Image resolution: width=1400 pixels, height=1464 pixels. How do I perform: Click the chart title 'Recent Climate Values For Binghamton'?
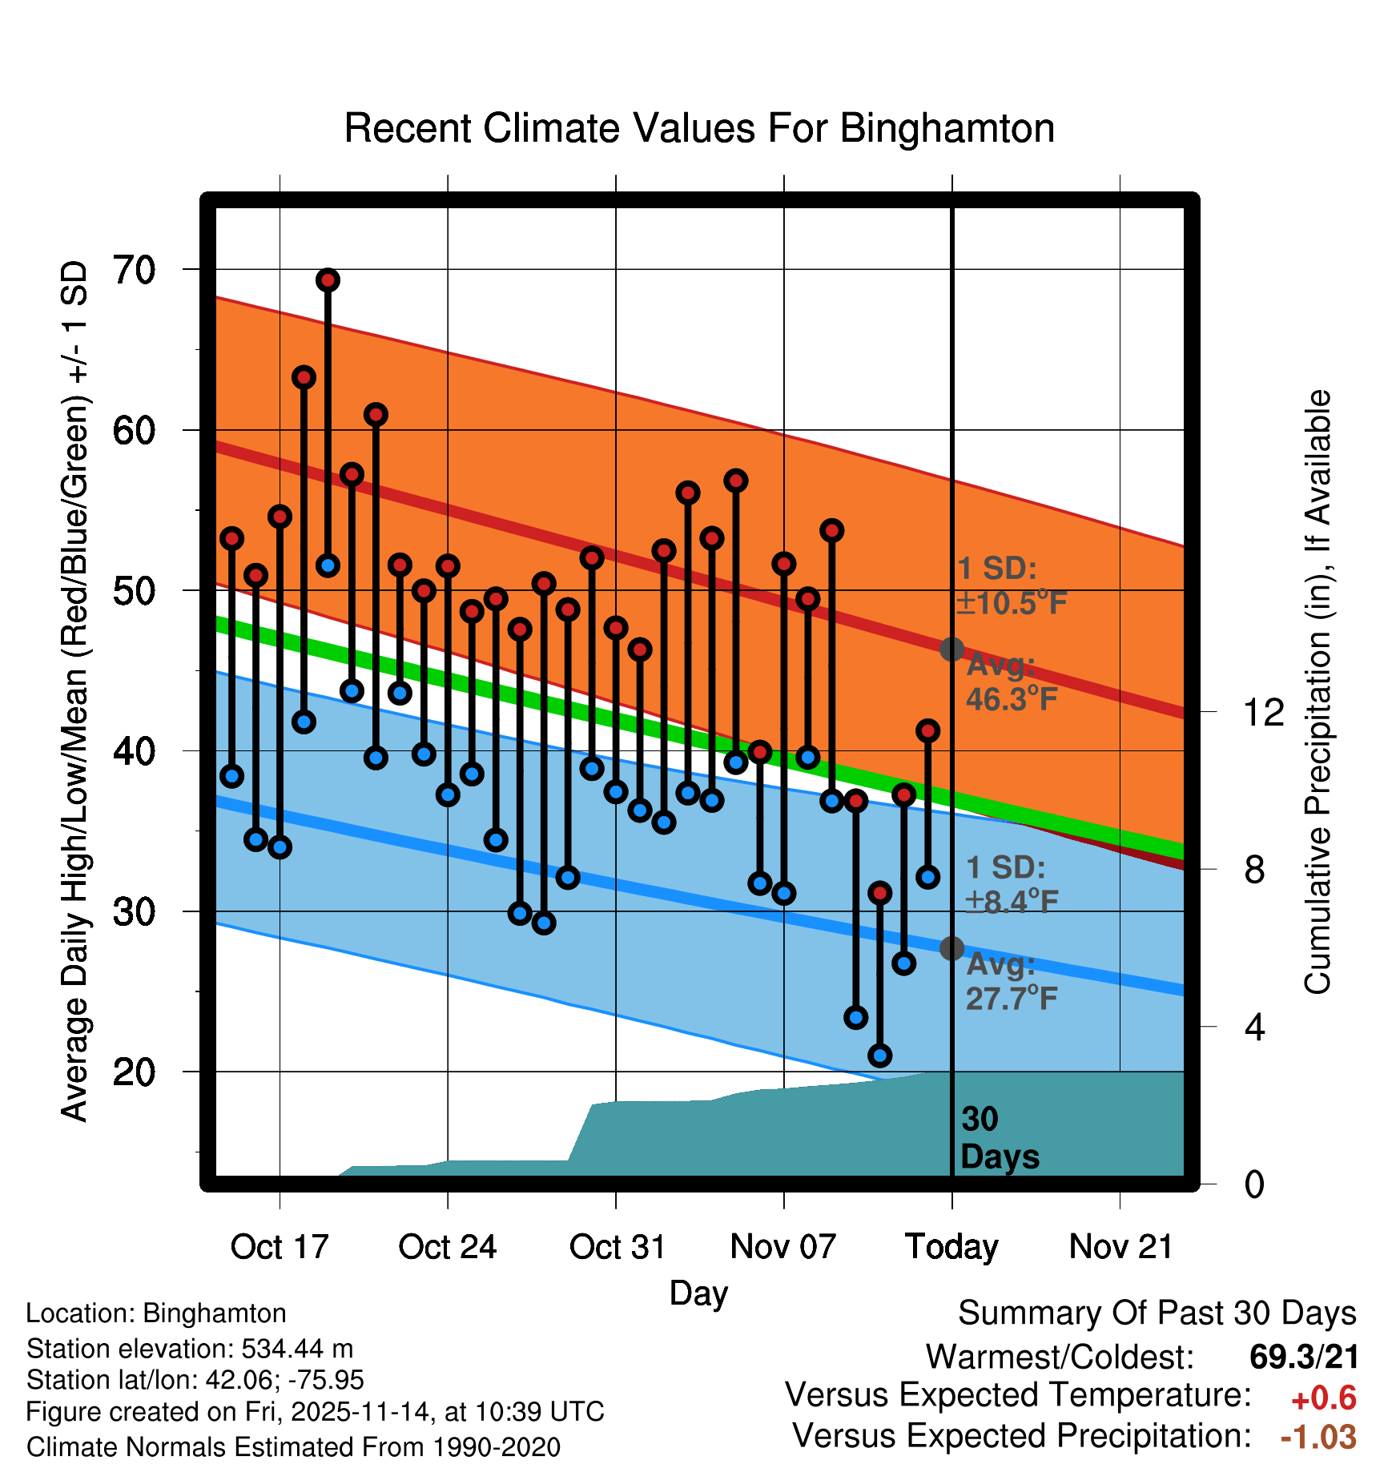(x=699, y=129)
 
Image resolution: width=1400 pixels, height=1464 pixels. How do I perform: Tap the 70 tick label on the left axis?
(x=134, y=271)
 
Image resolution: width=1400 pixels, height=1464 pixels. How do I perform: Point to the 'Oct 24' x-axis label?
(x=448, y=1247)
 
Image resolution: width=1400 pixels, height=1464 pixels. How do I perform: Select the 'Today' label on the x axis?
(x=951, y=1247)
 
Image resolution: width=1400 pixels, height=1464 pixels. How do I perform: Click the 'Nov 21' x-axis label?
(x=1120, y=1247)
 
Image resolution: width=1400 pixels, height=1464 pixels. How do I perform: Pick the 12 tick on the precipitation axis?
(x=1263, y=712)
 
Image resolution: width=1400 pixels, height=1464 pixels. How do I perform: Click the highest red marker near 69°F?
(x=328, y=280)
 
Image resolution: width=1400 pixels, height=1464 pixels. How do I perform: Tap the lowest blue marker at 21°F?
(x=880, y=1056)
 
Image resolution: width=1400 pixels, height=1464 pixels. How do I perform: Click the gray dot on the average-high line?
(x=951, y=649)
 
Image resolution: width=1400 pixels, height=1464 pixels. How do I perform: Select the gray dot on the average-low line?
(x=951, y=948)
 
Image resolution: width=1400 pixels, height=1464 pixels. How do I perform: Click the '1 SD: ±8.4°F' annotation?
(x=1011, y=885)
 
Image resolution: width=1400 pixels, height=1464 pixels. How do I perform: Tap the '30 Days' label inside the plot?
(x=998, y=1138)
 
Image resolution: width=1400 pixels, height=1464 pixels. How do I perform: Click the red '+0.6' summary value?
(x=1323, y=1398)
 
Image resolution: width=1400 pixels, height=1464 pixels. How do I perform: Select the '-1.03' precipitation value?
(x=1318, y=1437)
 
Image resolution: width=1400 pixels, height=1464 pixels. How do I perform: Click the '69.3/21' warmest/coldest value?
(x=1304, y=1357)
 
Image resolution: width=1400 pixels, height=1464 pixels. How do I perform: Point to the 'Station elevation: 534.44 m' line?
(x=190, y=1349)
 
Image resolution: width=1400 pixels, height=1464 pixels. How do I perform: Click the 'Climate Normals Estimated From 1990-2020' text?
(x=293, y=1447)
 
